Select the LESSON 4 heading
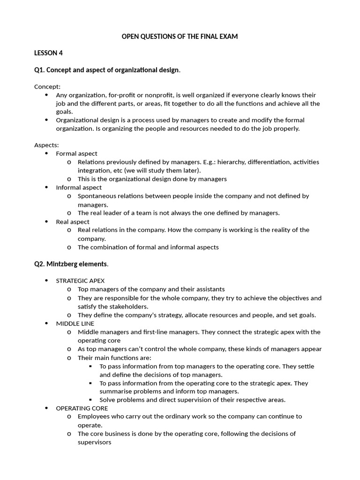click(48, 53)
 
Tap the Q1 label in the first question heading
click(39, 70)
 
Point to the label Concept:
click(47, 86)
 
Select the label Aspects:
click(46, 145)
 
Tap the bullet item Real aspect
click(72, 222)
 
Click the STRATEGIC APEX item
click(80, 281)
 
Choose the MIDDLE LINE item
click(75, 323)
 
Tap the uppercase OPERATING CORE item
click(82, 408)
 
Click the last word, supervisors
click(94, 442)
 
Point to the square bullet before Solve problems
click(91, 400)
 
